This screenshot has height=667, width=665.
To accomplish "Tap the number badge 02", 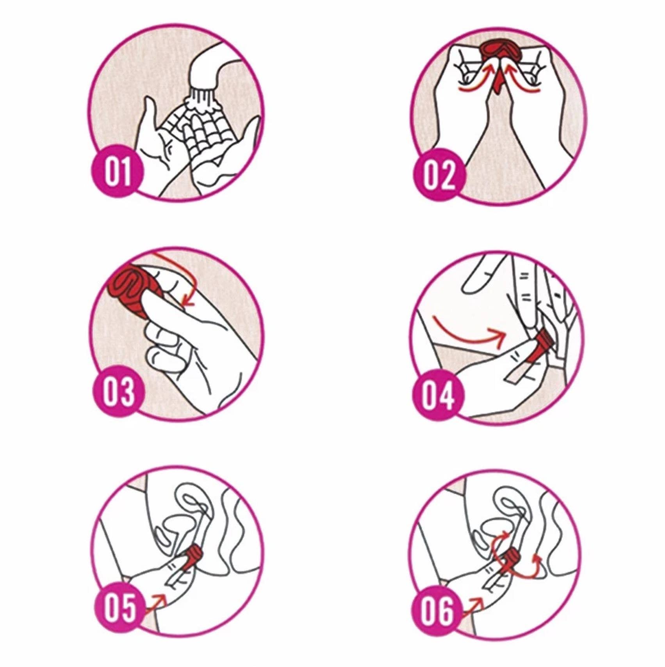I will click(439, 174).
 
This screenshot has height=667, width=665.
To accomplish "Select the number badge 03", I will click(119, 391).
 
